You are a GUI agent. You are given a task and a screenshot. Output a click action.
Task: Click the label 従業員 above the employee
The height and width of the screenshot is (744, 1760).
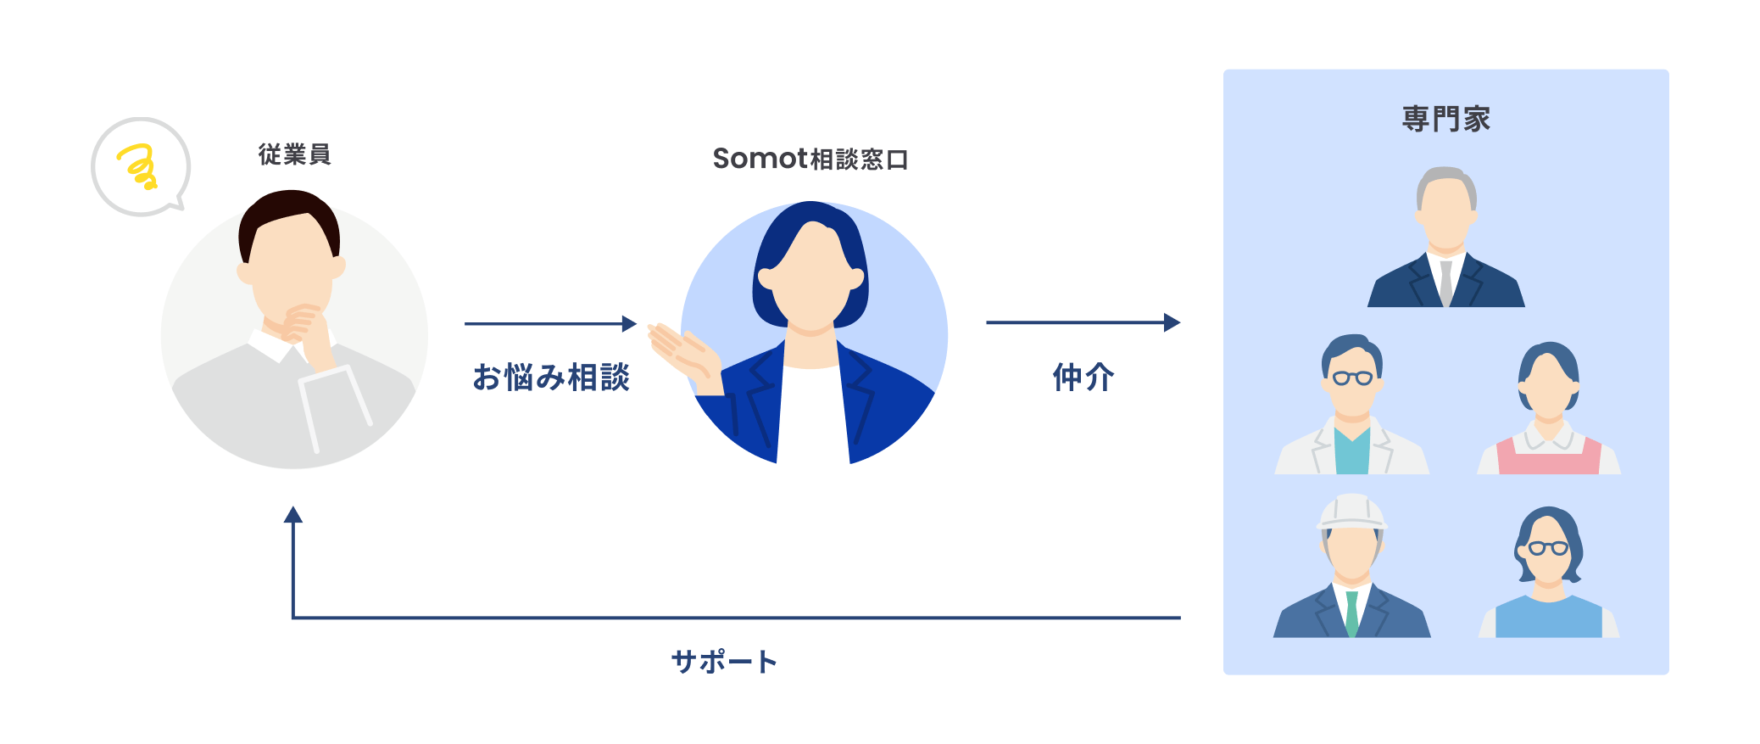click(x=294, y=154)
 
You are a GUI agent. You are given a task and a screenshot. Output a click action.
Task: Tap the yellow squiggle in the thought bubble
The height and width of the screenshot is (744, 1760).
click(x=138, y=166)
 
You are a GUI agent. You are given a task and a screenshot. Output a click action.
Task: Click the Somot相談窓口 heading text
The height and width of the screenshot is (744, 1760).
click(x=810, y=159)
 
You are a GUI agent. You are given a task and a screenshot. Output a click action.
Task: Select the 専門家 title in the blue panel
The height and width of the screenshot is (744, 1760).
click(x=1445, y=119)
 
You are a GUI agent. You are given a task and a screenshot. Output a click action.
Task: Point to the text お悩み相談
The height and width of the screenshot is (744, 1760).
click(x=551, y=377)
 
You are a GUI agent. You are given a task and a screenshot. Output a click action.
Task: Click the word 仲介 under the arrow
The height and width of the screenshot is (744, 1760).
click(x=1083, y=377)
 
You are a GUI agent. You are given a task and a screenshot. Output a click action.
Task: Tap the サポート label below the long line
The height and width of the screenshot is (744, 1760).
click(x=723, y=661)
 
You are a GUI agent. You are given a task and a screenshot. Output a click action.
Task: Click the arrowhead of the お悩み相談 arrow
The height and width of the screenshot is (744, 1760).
click(x=629, y=323)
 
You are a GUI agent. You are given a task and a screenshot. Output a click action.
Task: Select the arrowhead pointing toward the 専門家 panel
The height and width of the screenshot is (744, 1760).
click(x=1172, y=322)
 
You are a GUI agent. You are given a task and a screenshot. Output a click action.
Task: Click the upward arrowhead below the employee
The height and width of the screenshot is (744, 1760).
click(x=293, y=514)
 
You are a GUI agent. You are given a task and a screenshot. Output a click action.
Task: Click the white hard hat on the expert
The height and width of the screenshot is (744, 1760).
click(x=1351, y=512)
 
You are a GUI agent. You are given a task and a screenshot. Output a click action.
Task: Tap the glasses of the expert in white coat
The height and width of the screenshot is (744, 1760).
click(x=1352, y=378)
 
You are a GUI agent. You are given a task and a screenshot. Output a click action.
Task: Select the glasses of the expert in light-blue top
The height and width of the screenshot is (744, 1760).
click(x=1548, y=548)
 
